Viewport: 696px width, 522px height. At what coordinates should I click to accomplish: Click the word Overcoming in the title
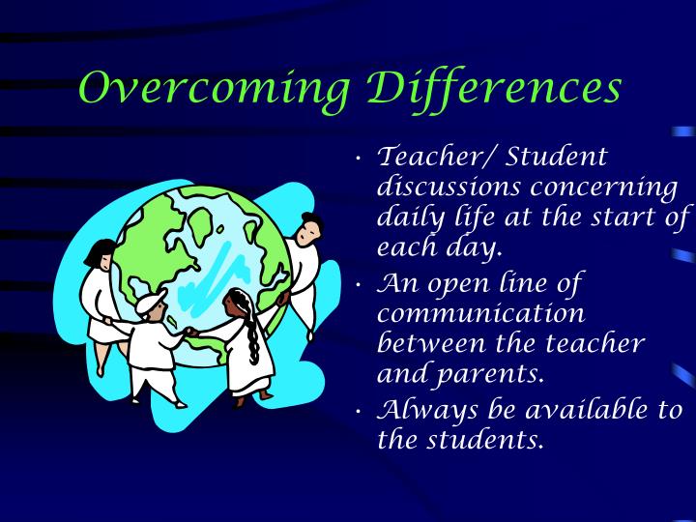(x=214, y=89)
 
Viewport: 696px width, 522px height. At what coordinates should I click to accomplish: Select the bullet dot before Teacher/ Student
(x=360, y=157)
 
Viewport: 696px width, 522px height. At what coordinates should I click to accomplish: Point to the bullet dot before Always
(x=360, y=411)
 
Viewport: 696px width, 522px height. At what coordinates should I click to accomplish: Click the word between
(x=431, y=344)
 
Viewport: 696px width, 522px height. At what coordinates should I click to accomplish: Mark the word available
(x=593, y=409)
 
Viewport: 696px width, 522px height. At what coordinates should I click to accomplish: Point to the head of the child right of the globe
(x=308, y=229)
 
